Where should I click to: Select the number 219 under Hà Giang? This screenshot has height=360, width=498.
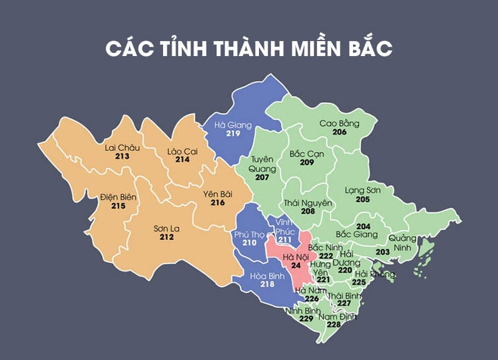[233, 133]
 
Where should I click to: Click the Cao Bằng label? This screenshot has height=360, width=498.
[339, 123]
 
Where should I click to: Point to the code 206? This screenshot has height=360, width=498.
[339, 133]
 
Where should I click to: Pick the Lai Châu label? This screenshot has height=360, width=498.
[122, 148]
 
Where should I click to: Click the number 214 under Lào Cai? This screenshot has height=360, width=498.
[182, 159]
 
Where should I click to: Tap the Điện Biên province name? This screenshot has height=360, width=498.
[118, 197]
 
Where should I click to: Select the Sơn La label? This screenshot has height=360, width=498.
[166, 228]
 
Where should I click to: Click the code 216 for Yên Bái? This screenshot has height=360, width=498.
[217, 202]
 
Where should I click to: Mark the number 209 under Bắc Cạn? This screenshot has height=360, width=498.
[306, 162]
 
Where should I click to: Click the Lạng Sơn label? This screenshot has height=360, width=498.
[363, 190]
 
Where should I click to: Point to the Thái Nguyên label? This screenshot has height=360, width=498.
[308, 203]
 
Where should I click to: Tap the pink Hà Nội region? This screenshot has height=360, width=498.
[293, 262]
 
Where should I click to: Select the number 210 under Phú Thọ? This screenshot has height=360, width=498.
[250, 242]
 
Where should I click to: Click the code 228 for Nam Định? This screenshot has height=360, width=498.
[334, 324]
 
